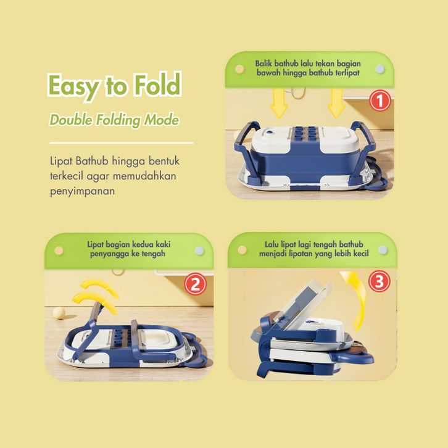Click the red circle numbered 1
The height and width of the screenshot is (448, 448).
click(x=380, y=101)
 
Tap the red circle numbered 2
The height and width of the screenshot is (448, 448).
click(x=195, y=284)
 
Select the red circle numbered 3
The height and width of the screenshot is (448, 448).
click(x=379, y=281)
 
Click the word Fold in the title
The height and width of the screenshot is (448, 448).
click(x=158, y=85)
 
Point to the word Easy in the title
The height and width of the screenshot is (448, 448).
click(x=73, y=86)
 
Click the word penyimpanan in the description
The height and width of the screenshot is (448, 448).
click(x=82, y=191)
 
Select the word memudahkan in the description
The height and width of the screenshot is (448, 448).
click(x=144, y=176)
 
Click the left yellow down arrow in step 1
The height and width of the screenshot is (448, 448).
click(x=279, y=103)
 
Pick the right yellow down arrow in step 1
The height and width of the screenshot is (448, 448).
click(x=336, y=103)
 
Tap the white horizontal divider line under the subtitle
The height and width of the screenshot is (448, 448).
click(x=122, y=143)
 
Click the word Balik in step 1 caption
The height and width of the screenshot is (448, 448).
click(x=263, y=64)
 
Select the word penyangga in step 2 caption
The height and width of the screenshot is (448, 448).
click(x=109, y=254)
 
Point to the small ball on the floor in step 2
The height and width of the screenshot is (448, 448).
click(x=59, y=313)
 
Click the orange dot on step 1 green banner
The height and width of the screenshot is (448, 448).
click(x=239, y=69)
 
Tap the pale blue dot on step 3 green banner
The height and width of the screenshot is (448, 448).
click(x=383, y=250)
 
